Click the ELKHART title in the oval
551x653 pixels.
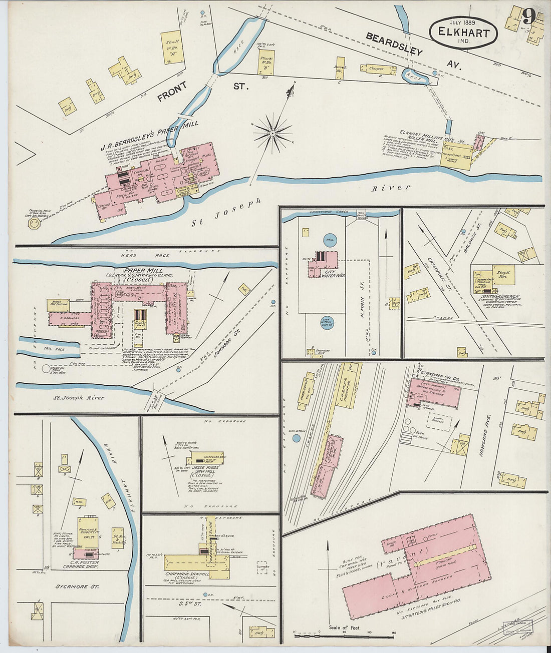pyautogui.click(x=463, y=32)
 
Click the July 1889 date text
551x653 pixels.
pyautogui.click(x=462, y=22)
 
